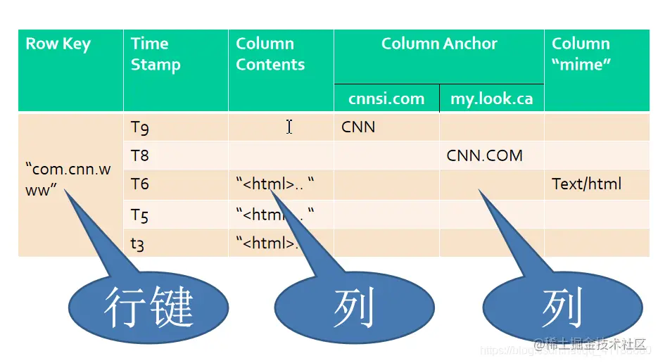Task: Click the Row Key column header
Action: (x=58, y=44)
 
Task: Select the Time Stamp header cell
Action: (x=156, y=54)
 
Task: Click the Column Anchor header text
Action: (x=439, y=44)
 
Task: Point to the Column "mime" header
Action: (x=581, y=54)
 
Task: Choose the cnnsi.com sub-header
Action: (x=386, y=98)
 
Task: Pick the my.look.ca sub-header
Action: (x=491, y=98)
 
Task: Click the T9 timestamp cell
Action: (x=140, y=127)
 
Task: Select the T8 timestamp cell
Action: (x=140, y=155)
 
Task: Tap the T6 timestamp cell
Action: (x=140, y=184)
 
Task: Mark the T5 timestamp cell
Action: (x=140, y=215)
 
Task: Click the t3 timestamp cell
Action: (x=139, y=243)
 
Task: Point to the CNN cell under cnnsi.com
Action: (x=358, y=127)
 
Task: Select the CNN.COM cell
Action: (x=484, y=155)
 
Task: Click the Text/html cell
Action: (x=586, y=184)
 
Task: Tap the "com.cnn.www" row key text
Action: (x=68, y=179)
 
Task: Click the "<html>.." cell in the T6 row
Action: (x=274, y=184)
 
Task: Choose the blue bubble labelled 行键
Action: (x=148, y=307)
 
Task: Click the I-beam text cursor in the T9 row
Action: (x=289, y=127)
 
